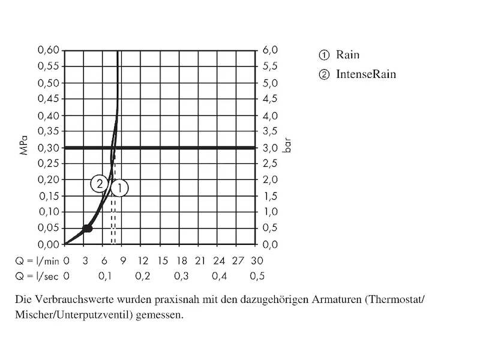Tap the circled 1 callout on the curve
click(119, 188)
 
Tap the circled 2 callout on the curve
click(100, 184)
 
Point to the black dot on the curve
click(88, 228)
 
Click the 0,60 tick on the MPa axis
click(49, 50)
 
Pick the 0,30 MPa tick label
click(49, 148)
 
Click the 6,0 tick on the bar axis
click(270, 50)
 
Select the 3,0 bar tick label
click(270, 148)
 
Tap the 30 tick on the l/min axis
click(257, 261)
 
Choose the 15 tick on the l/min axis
click(162, 261)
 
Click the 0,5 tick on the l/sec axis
click(257, 276)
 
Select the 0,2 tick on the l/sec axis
click(142, 276)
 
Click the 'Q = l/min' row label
click(37, 261)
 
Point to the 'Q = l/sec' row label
click(37, 276)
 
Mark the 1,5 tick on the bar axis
click(270, 196)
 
